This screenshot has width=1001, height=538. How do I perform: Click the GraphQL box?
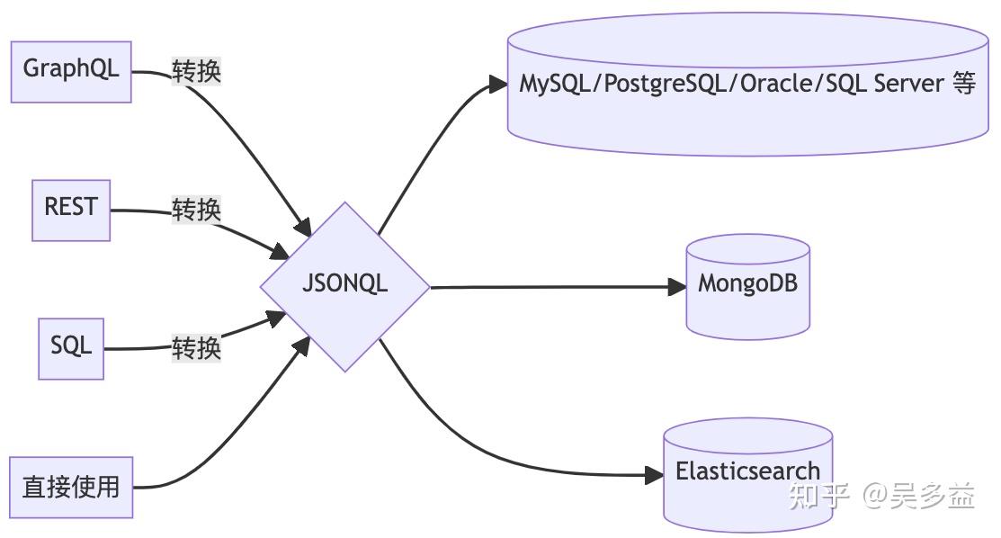click(71, 70)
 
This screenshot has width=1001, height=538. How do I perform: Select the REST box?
click(71, 209)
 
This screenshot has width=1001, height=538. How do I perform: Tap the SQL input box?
click(71, 347)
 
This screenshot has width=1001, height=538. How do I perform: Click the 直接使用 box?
click(71, 487)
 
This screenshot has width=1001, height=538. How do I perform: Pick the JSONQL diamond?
click(344, 286)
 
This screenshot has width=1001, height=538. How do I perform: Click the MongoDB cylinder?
click(747, 286)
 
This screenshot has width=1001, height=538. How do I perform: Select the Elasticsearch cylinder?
click(747, 472)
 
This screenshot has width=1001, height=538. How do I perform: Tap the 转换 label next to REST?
click(196, 211)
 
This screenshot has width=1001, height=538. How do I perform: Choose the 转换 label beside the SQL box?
click(196, 348)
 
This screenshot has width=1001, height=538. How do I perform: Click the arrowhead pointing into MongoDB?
click(677, 287)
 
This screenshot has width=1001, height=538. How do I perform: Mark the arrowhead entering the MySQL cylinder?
click(497, 84)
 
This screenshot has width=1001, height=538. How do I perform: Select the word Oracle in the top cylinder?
click(752, 85)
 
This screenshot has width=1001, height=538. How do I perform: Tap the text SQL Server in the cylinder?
click(870, 85)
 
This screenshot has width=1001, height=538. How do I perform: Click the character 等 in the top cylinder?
click(962, 85)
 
